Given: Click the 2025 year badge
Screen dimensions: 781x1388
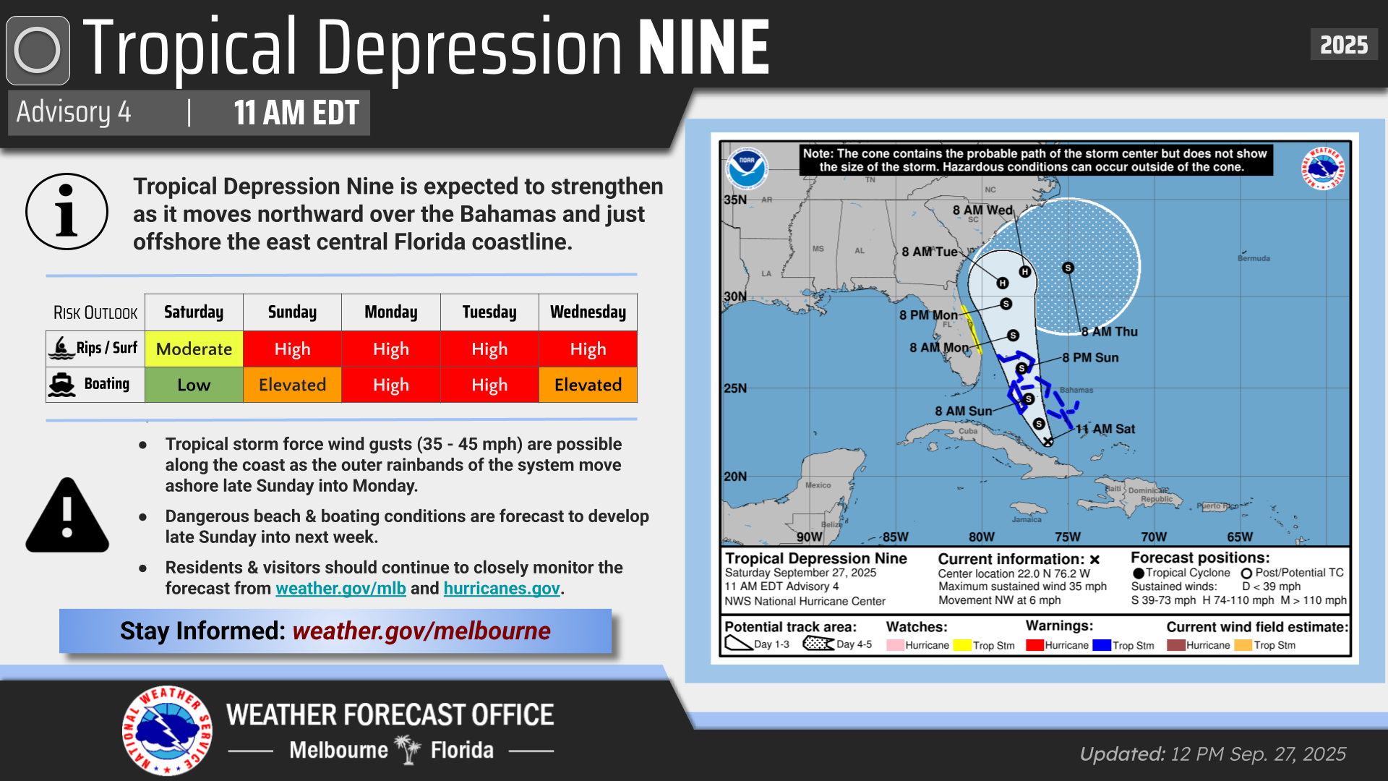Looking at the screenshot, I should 1343,45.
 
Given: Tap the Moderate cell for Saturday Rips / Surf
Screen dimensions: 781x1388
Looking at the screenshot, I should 194,349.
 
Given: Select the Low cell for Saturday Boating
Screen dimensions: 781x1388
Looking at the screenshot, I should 194,385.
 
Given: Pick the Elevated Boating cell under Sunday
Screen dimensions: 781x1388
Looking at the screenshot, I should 292,385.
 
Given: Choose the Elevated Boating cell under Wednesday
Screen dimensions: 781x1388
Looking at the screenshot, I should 588,385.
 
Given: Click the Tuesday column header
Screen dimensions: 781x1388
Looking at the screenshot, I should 489,312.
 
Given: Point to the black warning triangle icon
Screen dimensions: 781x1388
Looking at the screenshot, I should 67,516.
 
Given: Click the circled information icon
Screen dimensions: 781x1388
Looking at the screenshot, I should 67,211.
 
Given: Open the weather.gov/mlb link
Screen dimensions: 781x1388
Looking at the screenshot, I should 340,589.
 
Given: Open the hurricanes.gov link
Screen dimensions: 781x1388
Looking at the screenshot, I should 502,589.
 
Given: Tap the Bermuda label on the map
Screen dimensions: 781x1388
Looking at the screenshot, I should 1254,258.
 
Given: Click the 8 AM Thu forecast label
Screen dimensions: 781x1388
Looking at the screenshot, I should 1110,332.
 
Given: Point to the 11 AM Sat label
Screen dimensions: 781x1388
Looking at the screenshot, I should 1105,429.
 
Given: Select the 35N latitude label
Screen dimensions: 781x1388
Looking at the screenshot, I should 735,200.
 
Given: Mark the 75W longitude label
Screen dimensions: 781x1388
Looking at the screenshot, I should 1067,537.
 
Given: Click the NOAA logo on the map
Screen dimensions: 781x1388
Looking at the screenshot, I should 747,168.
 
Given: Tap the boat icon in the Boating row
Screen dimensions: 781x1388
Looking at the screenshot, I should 62,384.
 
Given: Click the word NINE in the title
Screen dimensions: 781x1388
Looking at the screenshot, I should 704,48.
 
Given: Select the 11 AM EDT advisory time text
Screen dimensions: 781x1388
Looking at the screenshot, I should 296,113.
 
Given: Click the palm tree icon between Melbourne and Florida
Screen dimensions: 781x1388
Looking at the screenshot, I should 408,750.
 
